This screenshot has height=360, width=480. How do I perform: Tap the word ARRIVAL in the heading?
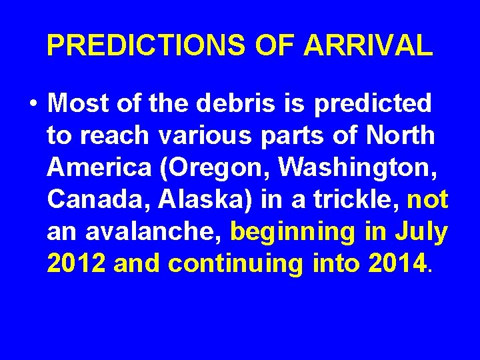(368, 45)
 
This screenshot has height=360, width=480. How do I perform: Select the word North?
(399, 135)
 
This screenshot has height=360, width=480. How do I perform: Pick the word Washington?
(360, 168)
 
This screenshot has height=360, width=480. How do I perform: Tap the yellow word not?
(427, 199)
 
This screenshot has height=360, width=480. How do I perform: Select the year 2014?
(396, 263)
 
